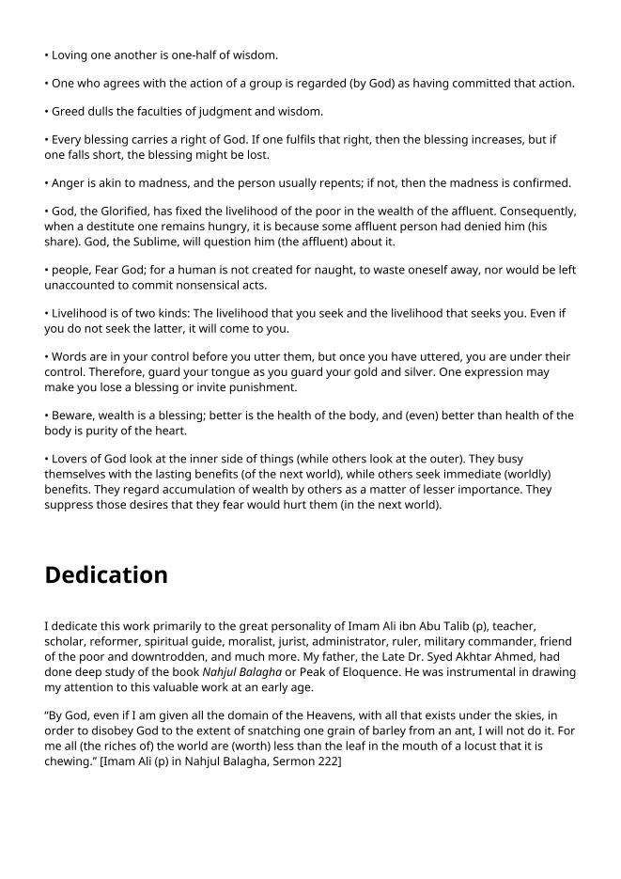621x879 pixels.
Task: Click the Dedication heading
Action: click(x=106, y=574)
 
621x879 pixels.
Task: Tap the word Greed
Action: click(x=70, y=111)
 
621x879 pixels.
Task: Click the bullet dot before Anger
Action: click(x=47, y=183)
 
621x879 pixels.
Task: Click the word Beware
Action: click(x=73, y=416)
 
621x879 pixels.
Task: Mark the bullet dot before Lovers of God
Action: click(x=47, y=460)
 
